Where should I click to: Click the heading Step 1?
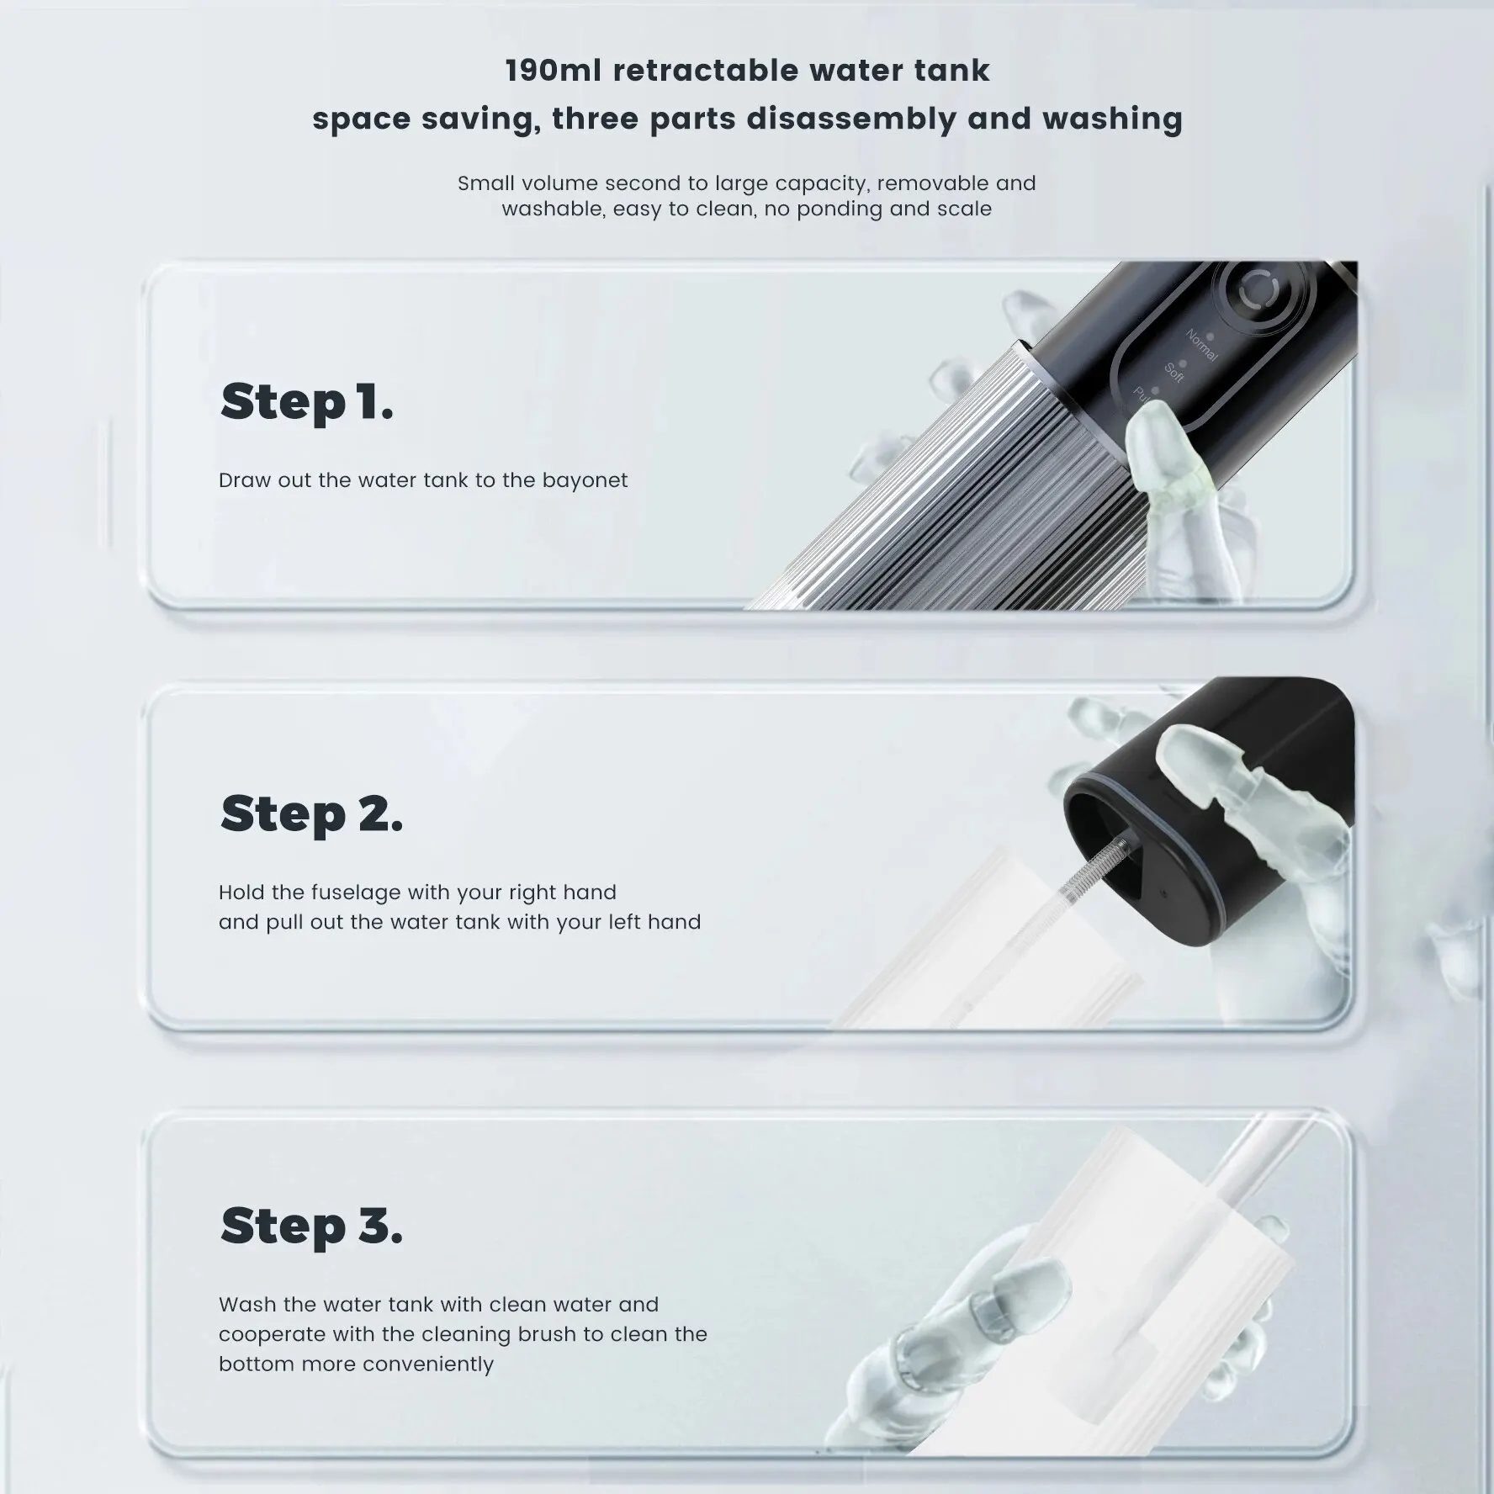[306, 402]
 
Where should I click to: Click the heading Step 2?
[311, 814]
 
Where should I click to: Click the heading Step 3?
[311, 1226]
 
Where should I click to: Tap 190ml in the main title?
[553, 71]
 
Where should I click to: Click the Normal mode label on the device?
[1202, 344]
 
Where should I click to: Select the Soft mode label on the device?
[1175, 371]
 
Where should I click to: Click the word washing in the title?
[1112, 119]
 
